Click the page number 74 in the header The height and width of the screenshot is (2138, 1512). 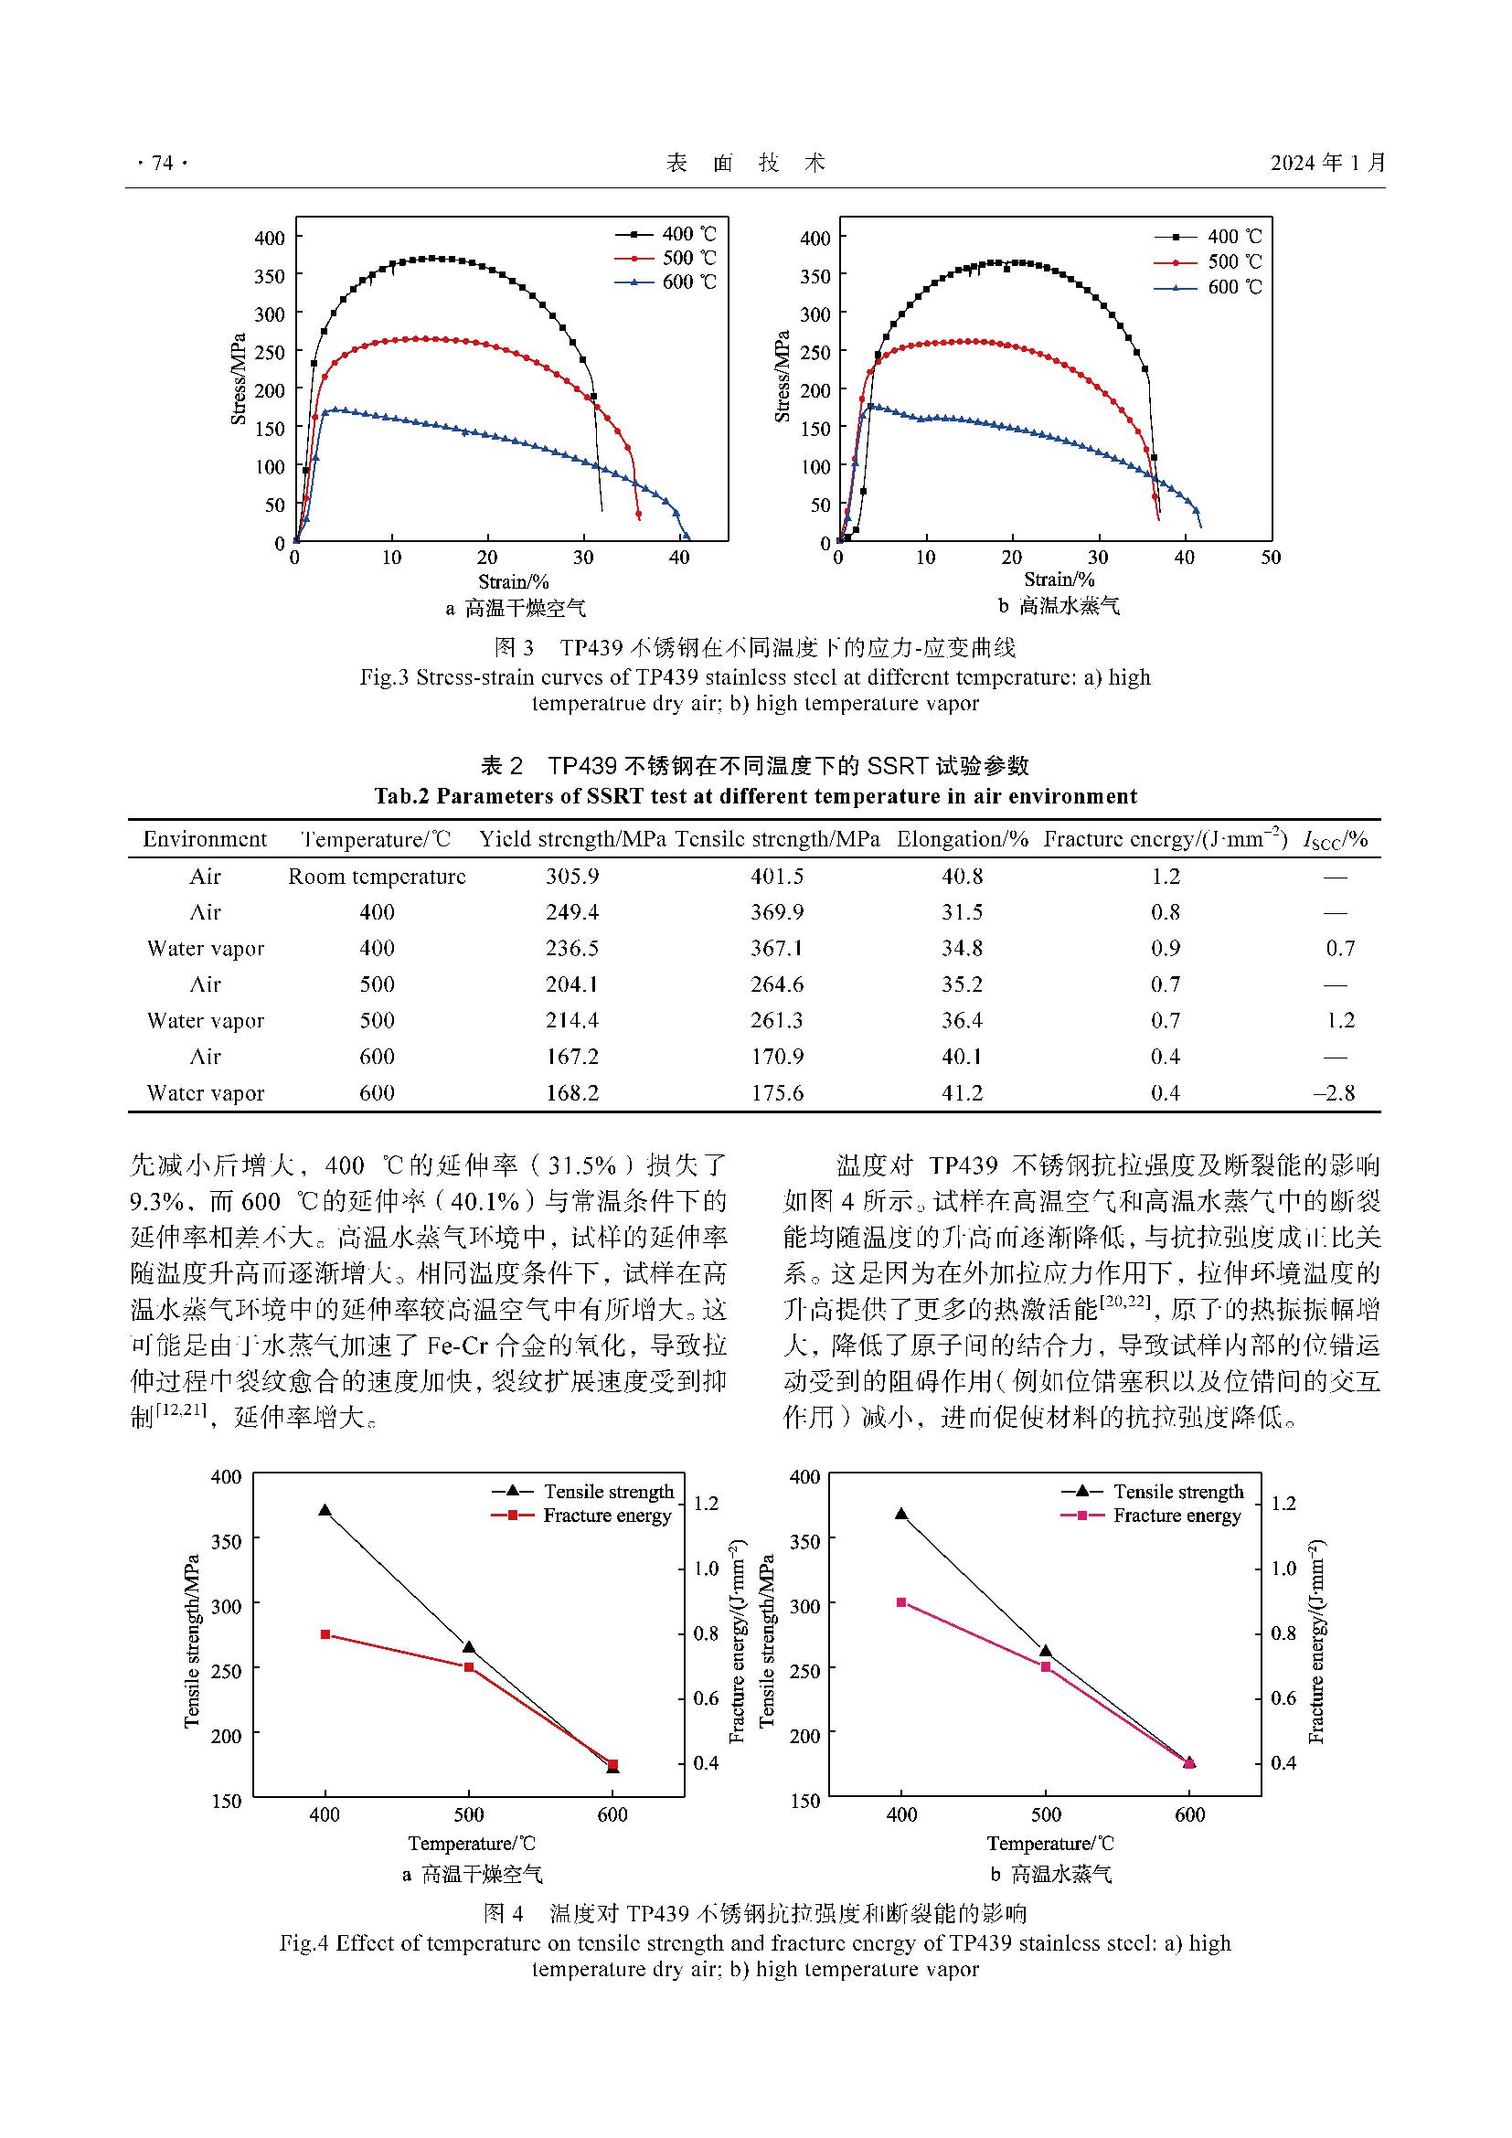pos(162,164)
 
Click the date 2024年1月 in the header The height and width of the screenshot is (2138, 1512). pos(1328,163)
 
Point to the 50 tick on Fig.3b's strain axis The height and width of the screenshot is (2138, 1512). pos(1271,558)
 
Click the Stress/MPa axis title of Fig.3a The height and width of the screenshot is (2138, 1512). pos(239,379)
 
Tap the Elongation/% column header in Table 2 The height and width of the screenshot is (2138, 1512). pos(963,839)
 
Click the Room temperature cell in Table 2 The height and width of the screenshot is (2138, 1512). pos(377,877)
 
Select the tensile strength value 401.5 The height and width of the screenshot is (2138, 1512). pos(777,877)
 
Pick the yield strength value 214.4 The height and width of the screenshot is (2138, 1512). pos(571,1021)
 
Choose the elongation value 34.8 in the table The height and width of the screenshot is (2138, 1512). pos(962,948)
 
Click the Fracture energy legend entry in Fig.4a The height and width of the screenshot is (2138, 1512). pos(607,1515)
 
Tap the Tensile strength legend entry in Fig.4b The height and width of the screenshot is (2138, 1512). pos(1177,1492)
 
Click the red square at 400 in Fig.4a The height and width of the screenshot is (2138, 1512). pos(325,1634)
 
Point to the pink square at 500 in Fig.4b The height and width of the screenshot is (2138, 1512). pos(1046,1667)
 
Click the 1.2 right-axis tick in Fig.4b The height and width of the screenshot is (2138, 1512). pos(1283,1504)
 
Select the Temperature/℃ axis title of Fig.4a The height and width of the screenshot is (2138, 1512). pos(472,1843)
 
